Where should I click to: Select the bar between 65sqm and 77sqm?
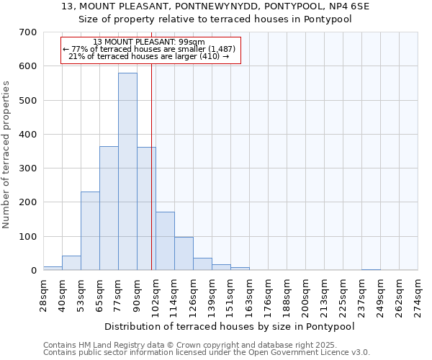point(109,208)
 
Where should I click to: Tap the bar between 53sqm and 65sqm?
point(90,230)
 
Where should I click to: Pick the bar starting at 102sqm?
point(165,241)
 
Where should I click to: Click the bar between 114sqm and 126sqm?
point(184,253)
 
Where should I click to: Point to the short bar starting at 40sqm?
point(71,263)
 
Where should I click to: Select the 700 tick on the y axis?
point(28,32)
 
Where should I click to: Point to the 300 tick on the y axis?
point(28,168)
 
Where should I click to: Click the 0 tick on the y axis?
point(33,271)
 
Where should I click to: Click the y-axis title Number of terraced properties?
point(7,155)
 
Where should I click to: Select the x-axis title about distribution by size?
point(230,326)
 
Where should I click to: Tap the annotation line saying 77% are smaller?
point(149,49)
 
